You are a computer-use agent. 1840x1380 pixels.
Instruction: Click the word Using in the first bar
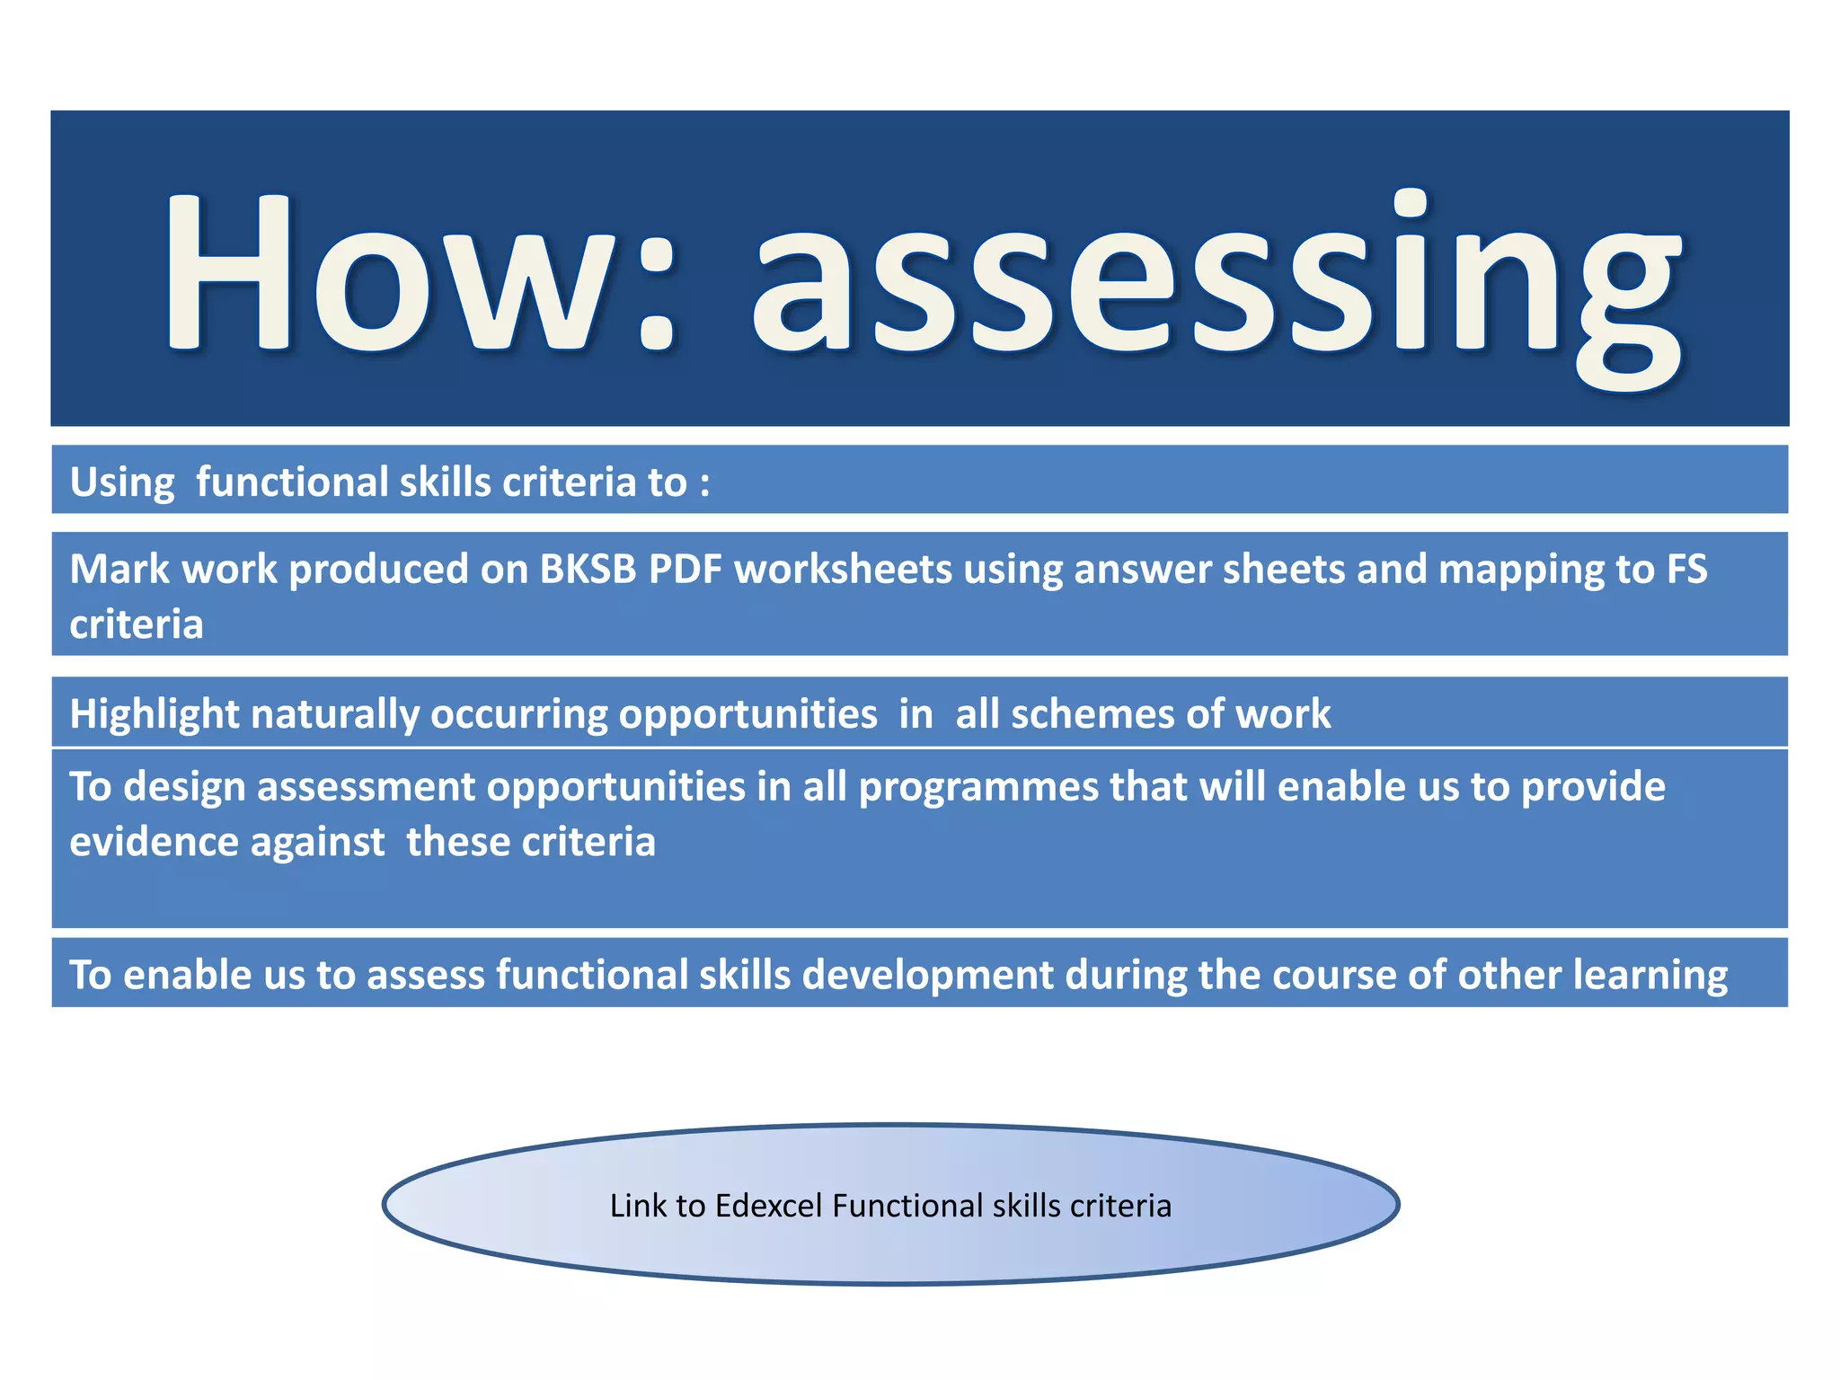(x=122, y=482)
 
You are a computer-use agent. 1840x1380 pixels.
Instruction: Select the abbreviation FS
(x=1686, y=570)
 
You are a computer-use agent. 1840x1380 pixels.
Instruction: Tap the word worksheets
(x=843, y=570)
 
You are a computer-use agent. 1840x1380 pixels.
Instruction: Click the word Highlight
(x=154, y=714)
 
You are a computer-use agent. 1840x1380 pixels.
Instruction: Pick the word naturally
(x=334, y=714)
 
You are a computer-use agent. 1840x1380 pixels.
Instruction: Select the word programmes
(x=978, y=788)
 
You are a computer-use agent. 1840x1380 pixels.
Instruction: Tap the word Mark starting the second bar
(x=119, y=570)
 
